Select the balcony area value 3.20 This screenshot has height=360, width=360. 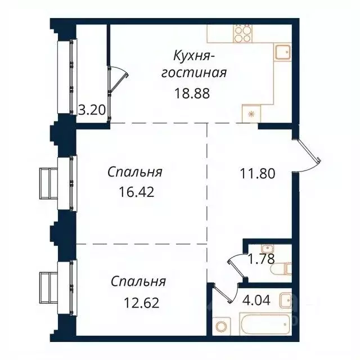[x=91, y=110]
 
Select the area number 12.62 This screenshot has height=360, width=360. [x=141, y=303]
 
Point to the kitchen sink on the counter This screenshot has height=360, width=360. [x=282, y=53]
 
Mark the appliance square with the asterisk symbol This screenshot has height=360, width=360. [x=250, y=113]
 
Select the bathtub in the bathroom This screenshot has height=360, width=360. [x=264, y=326]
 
